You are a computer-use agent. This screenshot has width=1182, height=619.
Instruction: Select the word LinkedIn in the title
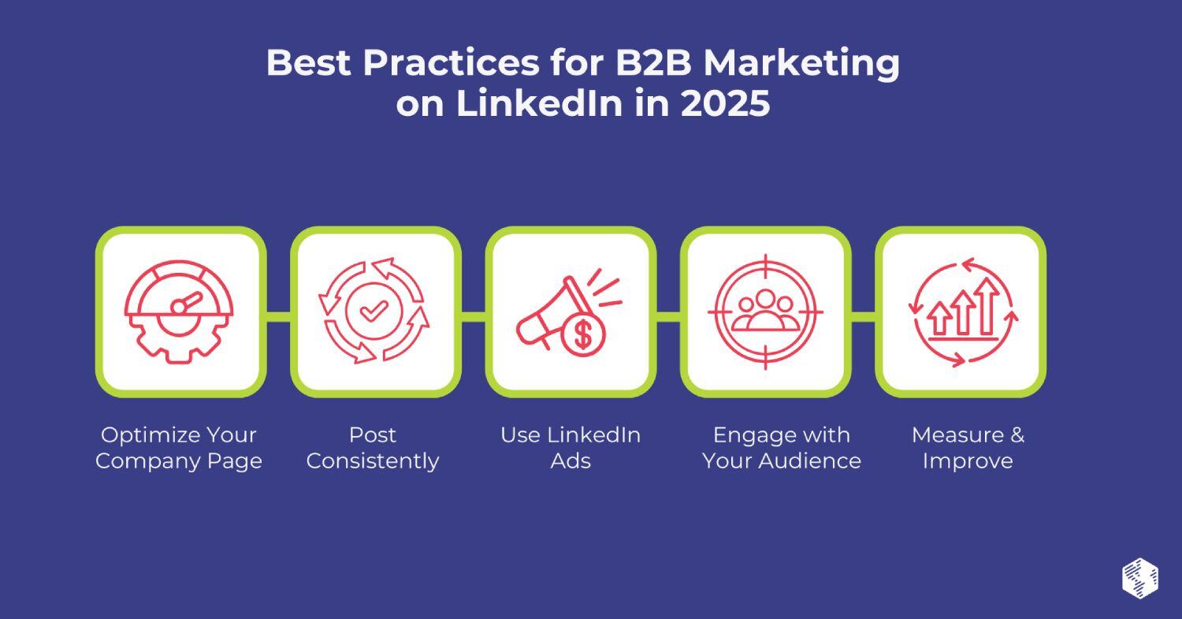tap(540, 104)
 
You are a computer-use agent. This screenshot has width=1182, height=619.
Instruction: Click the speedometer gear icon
tap(180, 311)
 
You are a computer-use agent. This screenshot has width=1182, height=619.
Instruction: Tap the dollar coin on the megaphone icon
tap(583, 334)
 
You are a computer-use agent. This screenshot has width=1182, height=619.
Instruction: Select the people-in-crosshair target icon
tap(765, 311)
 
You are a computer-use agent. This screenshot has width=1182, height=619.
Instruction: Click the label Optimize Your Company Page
tap(179, 448)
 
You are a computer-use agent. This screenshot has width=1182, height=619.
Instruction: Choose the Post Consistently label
tap(373, 448)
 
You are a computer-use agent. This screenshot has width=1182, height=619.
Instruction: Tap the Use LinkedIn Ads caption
tap(571, 448)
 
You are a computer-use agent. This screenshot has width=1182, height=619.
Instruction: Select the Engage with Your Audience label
tap(782, 448)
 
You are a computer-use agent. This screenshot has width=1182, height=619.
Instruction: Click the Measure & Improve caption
tap(968, 448)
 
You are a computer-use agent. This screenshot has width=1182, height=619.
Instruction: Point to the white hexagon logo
tap(1139, 578)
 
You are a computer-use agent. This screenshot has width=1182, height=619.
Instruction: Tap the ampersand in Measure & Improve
tap(1017, 435)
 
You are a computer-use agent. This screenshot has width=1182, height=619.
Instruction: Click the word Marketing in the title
tap(801, 62)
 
